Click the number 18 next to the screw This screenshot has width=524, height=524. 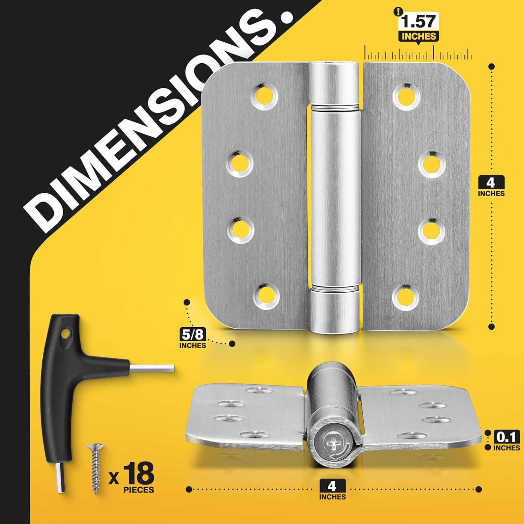[x=138, y=473]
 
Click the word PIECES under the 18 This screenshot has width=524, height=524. [x=138, y=490]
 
